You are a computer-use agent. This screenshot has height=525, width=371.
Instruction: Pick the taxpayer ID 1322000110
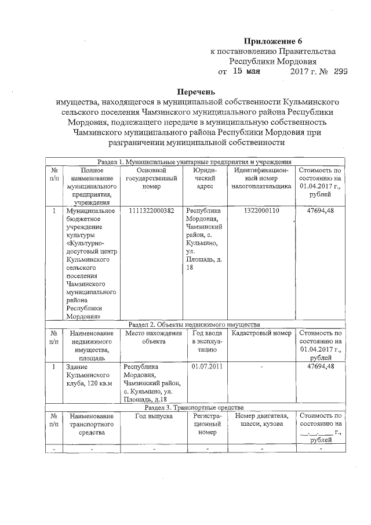[261, 211]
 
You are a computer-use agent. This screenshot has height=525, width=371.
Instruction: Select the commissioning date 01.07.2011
[207, 367]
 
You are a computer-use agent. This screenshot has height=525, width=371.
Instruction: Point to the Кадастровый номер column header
[261, 334]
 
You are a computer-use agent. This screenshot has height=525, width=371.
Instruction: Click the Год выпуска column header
[154, 416]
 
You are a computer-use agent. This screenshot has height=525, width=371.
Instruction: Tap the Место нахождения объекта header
[154, 338]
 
